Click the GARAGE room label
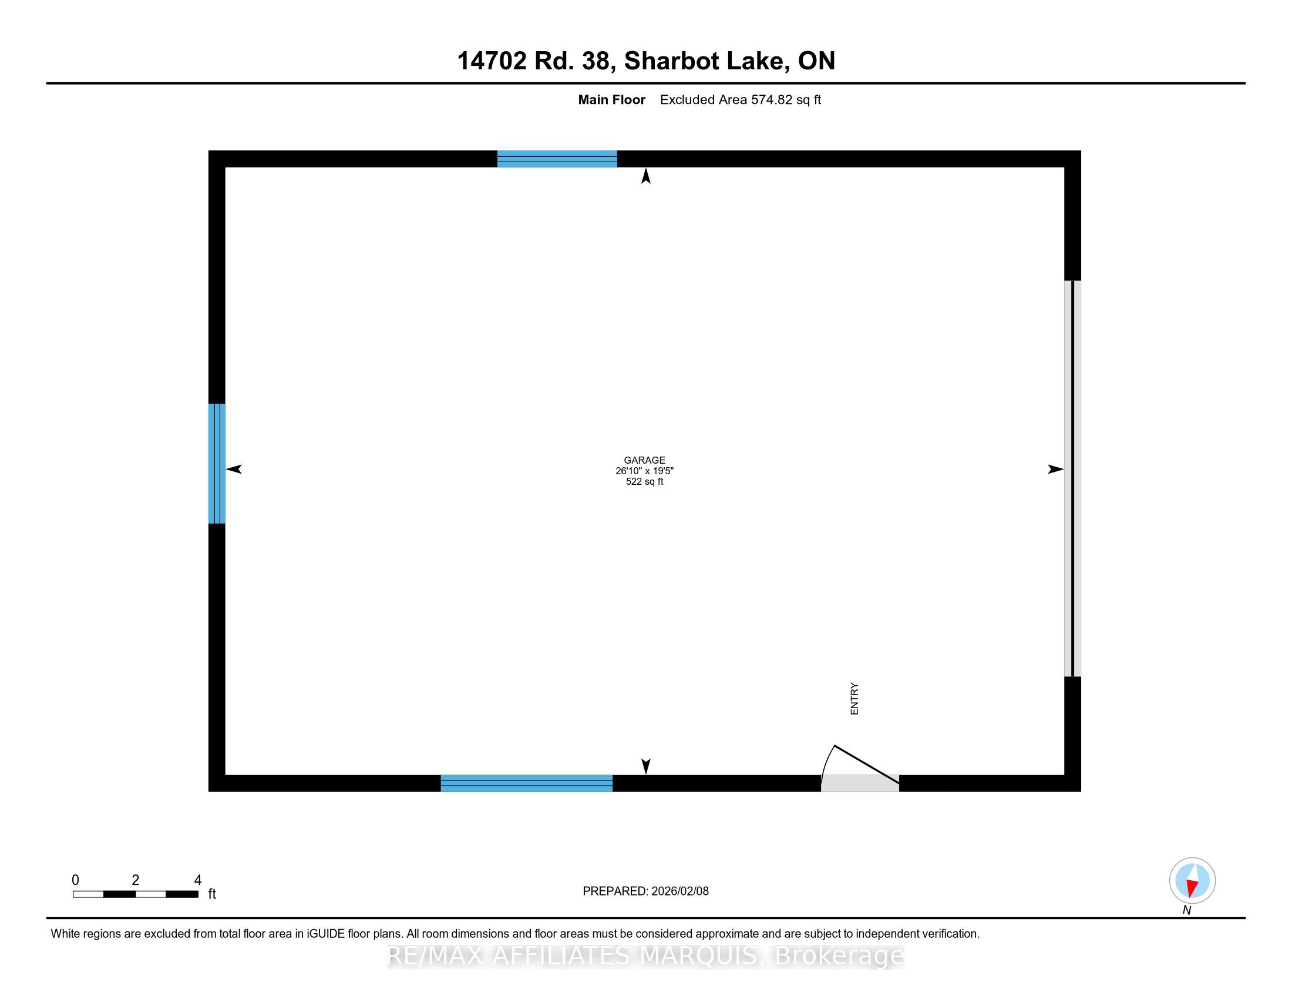click(x=644, y=460)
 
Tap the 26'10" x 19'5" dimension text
click(x=644, y=471)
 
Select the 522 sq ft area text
click(x=644, y=482)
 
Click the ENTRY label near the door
click(x=854, y=699)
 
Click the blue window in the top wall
click(x=557, y=159)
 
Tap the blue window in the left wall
click(x=217, y=464)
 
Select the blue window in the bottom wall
click(x=527, y=783)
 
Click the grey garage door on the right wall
click(x=1072, y=478)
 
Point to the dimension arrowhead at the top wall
click(x=646, y=176)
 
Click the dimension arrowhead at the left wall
click(x=234, y=470)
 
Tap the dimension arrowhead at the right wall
click(x=1055, y=470)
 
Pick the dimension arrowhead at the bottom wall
click(x=646, y=766)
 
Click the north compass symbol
click(x=1192, y=881)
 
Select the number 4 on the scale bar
click(x=198, y=880)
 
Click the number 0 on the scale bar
click(x=75, y=880)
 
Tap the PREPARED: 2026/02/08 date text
click(x=645, y=891)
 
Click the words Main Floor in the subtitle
click(x=612, y=100)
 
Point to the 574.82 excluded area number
click(x=772, y=100)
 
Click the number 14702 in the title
click(x=492, y=61)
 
